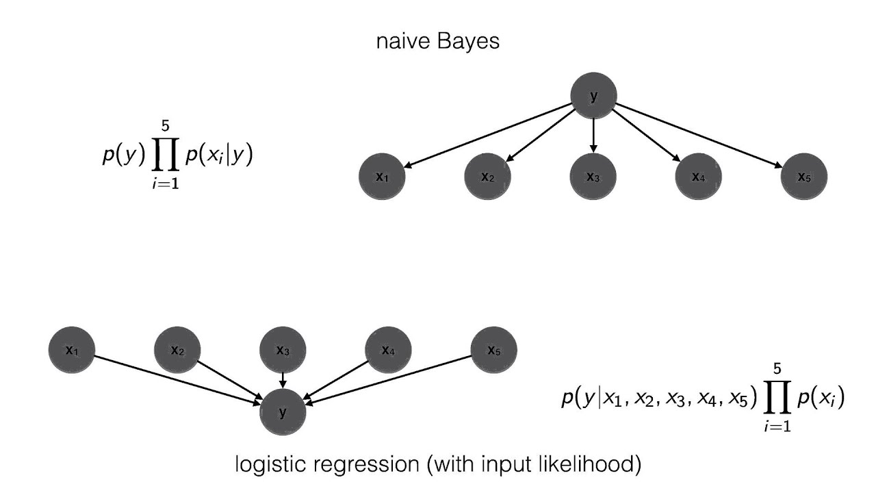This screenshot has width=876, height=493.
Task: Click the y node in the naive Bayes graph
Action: tap(593, 97)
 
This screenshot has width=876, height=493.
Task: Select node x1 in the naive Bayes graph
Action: tap(383, 177)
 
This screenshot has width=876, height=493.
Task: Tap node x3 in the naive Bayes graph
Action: tap(593, 177)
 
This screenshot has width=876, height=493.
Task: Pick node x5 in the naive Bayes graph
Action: tap(804, 177)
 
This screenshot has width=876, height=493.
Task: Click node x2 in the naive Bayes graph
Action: tap(488, 177)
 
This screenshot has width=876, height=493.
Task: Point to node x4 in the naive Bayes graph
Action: tap(699, 177)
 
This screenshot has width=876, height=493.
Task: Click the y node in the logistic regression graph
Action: tap(283, 412)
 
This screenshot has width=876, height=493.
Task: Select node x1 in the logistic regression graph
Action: tap(72, 351)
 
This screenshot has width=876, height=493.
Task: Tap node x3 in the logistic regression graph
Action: tap(283, 351)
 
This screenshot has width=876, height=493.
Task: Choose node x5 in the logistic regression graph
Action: tap(493, 351)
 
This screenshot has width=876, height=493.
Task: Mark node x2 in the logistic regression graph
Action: tap(177, 351)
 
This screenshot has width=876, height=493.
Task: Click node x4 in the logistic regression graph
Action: tap(388, 351)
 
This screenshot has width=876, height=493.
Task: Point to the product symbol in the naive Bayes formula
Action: tap(165, 156)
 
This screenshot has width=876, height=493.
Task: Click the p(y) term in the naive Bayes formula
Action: tap(122, 156)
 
